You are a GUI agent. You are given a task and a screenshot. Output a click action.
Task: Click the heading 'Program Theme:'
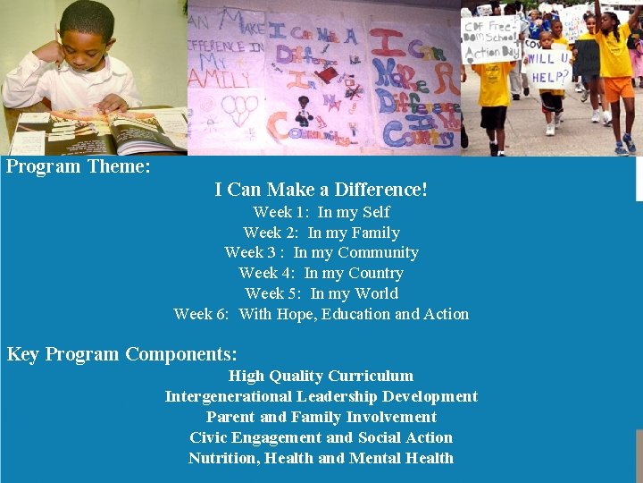79,166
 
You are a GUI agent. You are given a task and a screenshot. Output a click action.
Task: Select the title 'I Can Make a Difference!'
321,190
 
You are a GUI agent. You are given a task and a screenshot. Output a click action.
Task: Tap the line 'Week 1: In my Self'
321,212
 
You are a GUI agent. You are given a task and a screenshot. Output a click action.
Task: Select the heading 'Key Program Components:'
122,354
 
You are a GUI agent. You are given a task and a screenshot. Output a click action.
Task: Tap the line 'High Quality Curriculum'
321,376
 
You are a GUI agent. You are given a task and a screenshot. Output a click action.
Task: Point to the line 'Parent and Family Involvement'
321,417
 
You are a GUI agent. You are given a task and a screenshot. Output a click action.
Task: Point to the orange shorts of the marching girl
618,88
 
